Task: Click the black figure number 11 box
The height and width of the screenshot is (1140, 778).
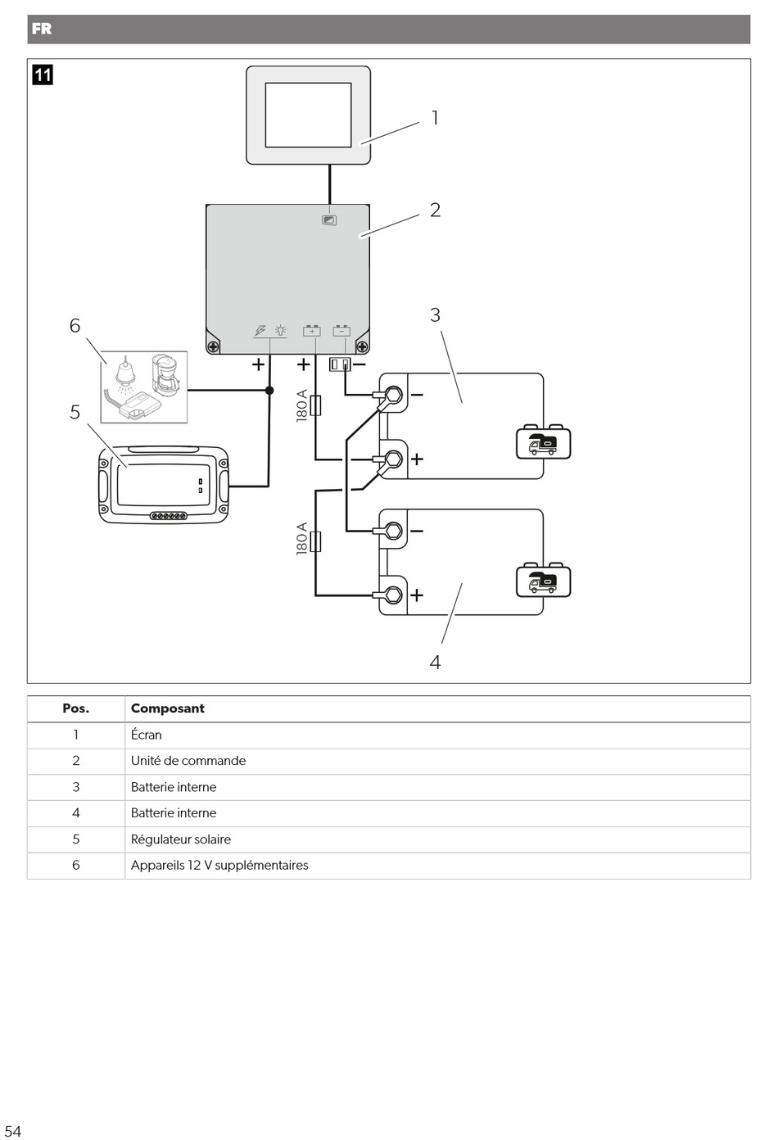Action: (42, 75)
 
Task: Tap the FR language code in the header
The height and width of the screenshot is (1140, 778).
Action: (41, 29)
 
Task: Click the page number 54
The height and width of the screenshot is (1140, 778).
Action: (12, 1130)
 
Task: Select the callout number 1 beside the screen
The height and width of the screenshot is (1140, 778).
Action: (435, 119)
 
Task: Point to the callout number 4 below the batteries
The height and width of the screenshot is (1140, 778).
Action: (435, 662)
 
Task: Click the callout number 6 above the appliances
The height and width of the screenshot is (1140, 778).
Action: (75, 326)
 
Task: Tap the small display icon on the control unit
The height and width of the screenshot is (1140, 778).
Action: (329, 220)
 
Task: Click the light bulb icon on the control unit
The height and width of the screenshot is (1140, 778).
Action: (280, 331)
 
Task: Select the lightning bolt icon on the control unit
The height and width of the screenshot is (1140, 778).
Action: (260, 331)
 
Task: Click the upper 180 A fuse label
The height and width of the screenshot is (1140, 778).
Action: (302, 405)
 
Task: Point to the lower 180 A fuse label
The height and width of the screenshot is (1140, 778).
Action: (302, 539)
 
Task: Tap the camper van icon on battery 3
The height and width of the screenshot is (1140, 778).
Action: (543, 443)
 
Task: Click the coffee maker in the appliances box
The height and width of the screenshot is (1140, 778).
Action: (167, 374)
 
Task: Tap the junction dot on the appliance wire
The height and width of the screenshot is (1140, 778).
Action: (269, 391)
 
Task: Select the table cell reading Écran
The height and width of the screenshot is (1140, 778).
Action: (147, 735)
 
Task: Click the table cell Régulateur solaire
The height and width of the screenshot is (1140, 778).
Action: (181, 839)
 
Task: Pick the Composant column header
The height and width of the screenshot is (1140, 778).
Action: (168, 708)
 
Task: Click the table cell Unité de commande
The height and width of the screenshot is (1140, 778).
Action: (188, 761)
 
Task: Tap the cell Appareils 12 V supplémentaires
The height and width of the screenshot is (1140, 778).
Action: (219, 866)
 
